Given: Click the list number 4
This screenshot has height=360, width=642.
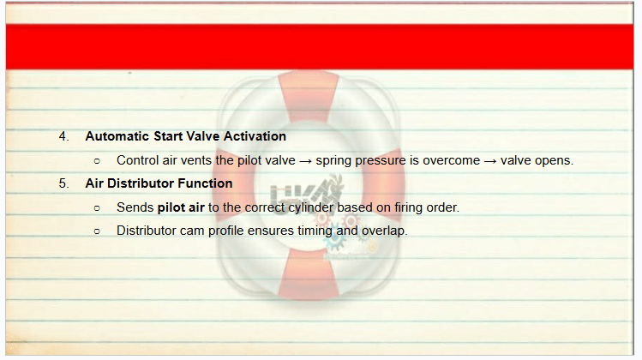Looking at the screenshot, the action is (63, 136).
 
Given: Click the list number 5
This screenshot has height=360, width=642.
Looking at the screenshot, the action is (63, 183).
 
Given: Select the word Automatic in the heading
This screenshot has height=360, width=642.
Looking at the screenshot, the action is (117, 136).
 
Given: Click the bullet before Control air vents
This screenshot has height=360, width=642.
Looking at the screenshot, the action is (97, 161).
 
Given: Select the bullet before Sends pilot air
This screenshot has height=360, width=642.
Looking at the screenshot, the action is (97, 208).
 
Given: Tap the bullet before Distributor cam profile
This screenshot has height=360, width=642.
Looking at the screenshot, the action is (97, 231).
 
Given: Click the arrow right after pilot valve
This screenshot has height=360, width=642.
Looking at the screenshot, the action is (305, 161).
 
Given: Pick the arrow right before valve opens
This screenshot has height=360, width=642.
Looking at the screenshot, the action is (490, 161).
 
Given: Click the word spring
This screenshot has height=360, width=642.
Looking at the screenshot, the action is (333, 161).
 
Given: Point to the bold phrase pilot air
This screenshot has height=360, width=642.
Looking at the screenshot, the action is (181, 207).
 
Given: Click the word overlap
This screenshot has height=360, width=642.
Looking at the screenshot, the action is (383, 231).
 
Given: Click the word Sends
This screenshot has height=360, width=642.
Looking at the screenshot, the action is (135, 207).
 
